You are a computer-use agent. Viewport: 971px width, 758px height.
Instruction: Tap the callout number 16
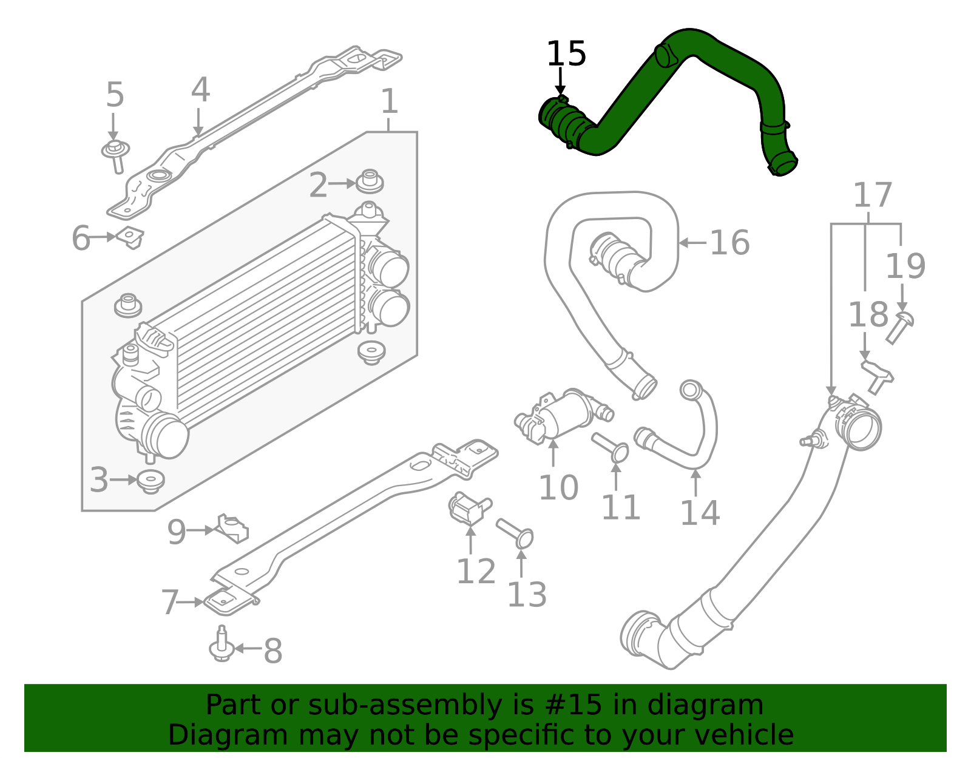[729, 243]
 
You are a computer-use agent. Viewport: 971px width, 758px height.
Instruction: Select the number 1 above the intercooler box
[389, 101]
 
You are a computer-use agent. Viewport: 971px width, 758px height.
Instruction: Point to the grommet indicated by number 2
[370, 181]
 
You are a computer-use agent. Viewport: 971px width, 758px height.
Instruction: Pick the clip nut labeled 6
[130, 237]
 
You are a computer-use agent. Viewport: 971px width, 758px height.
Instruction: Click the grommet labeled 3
[151, 481]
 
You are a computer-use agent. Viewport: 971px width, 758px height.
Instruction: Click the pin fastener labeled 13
[515, 532]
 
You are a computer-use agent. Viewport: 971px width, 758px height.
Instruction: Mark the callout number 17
[872, 195]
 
